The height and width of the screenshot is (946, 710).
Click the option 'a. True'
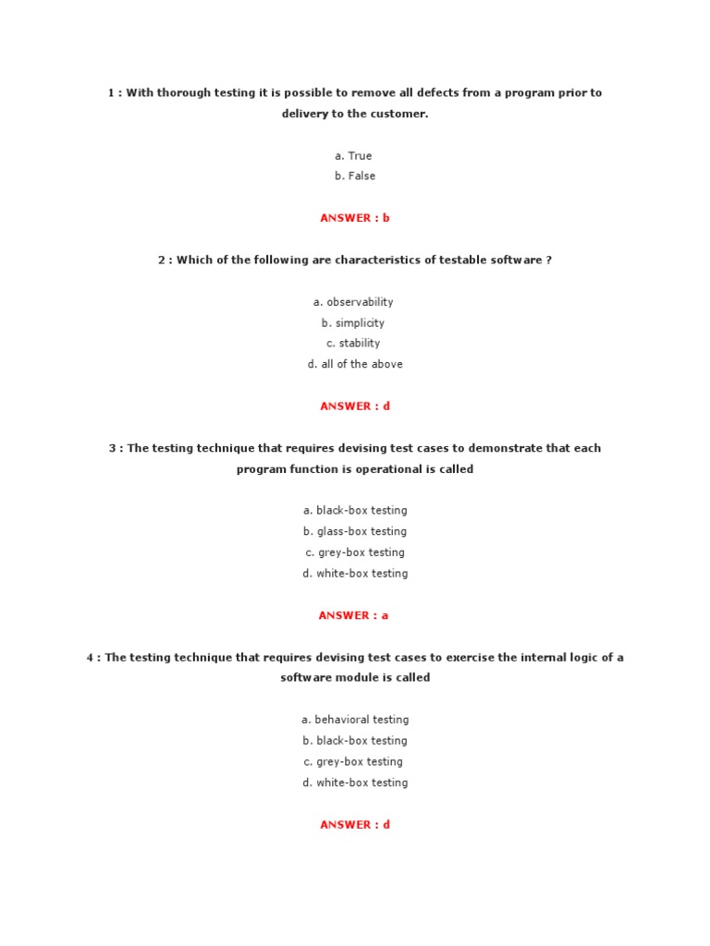(x=354, y=155)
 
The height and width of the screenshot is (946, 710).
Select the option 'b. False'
(x=354, y=176)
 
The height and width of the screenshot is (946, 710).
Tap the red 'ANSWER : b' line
(x=355, y=218)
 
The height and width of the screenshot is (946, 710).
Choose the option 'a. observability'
(x=354, y=302)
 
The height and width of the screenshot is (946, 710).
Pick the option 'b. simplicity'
(x=354, y=322)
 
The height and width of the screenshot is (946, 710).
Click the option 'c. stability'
(x=354, y=343)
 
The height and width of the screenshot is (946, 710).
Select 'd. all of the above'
(x=354, y=364)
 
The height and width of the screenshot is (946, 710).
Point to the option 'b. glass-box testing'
(x=354, y=531)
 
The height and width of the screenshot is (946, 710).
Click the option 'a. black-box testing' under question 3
(x=354, y=510)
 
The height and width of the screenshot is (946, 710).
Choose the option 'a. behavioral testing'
(x=354, y=719)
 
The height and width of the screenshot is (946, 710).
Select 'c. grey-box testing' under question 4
(x=354, y=761)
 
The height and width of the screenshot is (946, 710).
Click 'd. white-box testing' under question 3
(x=354, y=573)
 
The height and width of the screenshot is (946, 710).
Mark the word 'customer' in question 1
(x=400, y=114)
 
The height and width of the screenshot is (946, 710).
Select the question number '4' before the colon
(x=91, y=658)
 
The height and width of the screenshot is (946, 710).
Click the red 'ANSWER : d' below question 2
(x=355, y=406)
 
